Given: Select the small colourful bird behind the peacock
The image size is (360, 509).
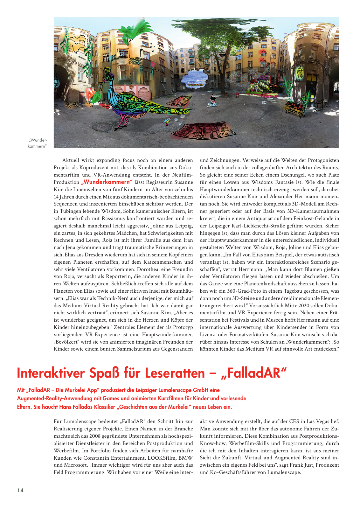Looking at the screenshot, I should click(166, 121).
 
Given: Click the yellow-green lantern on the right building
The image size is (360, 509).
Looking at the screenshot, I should click(300, 73).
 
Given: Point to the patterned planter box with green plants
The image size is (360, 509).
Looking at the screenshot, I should click(294, 108).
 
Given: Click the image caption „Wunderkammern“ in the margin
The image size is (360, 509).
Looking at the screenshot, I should click(37, 143).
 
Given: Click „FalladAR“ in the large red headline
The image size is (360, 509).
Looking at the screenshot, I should click(254, 373).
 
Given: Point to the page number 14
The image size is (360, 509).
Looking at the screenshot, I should click(20, 490).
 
